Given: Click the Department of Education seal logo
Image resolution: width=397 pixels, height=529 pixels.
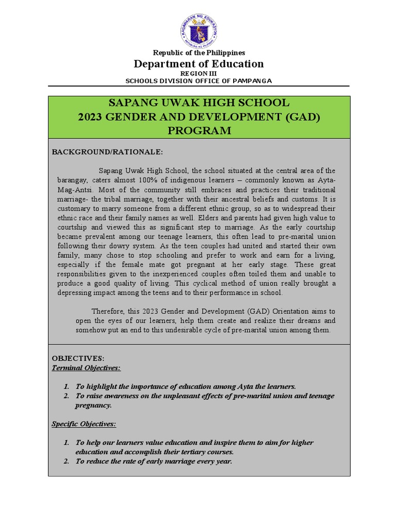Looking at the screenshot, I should [x=198, y=30].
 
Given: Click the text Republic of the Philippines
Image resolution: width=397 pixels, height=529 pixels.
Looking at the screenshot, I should [x=198, y=53].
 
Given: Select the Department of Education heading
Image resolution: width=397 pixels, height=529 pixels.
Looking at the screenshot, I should [x=198, y=64].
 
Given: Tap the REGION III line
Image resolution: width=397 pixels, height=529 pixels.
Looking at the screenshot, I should [x=198, y=74].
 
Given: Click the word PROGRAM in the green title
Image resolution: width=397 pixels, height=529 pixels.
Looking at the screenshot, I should [x=199, y=131].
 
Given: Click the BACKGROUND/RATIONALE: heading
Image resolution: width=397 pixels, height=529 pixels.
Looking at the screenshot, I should [x=108, y=152].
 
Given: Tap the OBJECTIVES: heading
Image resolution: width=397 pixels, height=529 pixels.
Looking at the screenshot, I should [x=78, y=358].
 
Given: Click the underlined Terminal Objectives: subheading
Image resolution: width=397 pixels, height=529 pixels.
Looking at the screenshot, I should [x=86, y=368].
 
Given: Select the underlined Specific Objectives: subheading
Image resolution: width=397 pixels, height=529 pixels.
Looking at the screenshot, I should [x=84, y=424].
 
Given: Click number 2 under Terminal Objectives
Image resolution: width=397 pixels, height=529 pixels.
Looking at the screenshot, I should [x=66, y=396].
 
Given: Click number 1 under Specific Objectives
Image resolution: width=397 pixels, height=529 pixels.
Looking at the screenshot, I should [x=66, y=443].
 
